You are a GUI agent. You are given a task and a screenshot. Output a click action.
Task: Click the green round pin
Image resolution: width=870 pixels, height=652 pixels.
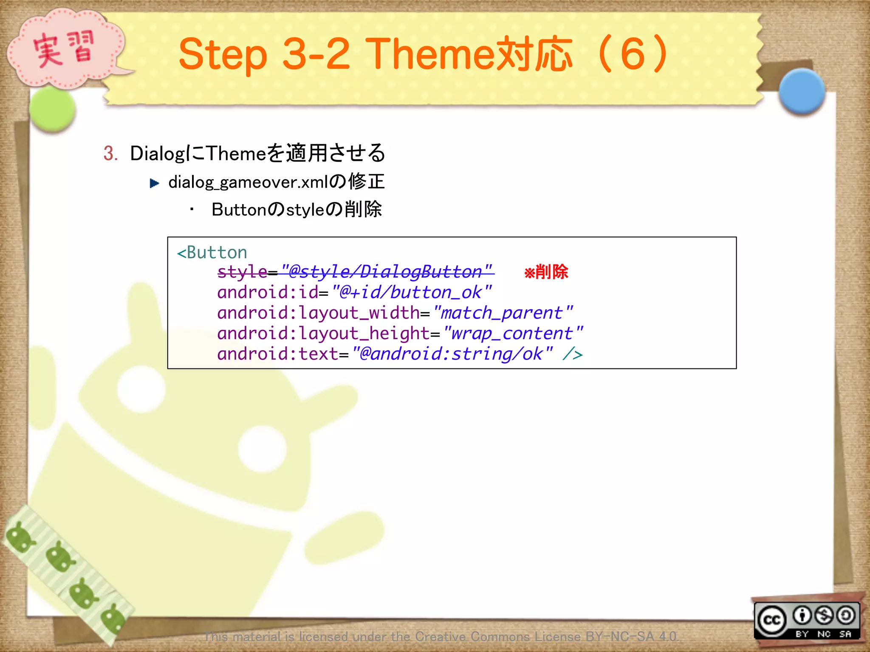(x=53, y=110)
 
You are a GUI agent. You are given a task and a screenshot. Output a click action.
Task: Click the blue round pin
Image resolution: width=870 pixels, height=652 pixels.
(x=802, y=91)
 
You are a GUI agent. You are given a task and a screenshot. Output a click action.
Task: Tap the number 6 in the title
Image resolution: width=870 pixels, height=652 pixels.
(x=633, y=54)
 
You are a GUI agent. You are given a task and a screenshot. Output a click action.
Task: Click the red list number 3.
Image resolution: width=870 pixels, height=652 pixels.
(x=110, y=153)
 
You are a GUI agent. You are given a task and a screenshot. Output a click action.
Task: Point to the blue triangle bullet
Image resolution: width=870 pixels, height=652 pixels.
(x=155, y=183)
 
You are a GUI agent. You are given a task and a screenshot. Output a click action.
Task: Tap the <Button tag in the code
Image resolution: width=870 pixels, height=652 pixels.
(x=212, y=253)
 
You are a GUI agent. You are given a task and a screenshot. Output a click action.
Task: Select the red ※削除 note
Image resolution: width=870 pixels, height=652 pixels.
(x=546, y=272)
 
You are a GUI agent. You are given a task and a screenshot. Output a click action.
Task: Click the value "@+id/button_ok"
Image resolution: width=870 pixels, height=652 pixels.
(x=411, y=292)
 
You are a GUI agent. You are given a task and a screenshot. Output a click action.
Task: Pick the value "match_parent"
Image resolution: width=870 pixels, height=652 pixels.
(x=503, y=313)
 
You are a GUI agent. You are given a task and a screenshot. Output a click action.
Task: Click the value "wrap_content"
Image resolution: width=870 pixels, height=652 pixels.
(x=512, y=334)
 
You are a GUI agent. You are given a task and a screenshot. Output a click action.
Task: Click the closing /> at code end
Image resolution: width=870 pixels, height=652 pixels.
(x=572, y=354)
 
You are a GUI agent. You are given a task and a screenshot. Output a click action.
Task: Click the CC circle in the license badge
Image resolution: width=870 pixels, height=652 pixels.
(x=772, y=620)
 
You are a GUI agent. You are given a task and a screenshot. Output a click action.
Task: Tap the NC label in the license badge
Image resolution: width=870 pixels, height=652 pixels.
(x=824, y=634)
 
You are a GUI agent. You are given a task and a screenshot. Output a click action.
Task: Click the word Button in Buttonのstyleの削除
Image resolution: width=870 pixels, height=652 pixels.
(x=238, y=210)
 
